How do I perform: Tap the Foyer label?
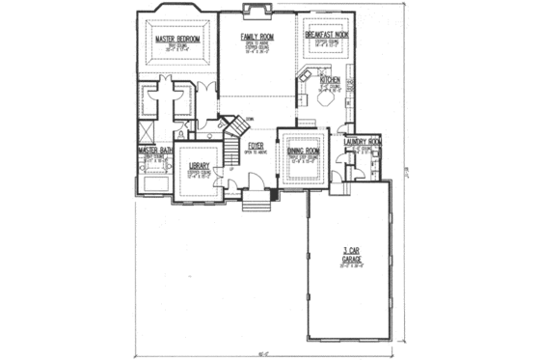click(256, 146)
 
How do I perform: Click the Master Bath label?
click(154, 151)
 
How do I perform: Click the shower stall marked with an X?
click(148, 128)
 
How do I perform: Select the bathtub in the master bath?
click(154, 181)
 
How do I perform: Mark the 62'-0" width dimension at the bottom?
click(263, 353)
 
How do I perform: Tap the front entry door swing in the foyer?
click(254, 181)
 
